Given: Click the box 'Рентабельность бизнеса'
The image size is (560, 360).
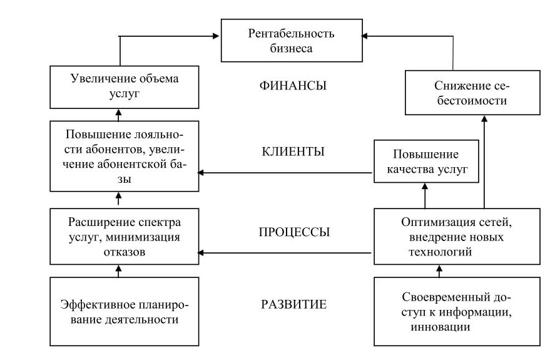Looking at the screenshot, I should tap(291, 41).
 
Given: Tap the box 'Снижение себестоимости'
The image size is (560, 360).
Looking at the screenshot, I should tap(472, 92).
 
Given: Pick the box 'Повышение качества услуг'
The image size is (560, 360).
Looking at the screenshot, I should tap(425, 162).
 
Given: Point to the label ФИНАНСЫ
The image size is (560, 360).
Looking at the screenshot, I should tap(293, 86).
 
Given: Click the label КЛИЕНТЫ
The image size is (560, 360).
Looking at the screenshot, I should tap(293, 152).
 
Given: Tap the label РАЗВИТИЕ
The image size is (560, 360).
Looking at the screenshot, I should tap(293, 306).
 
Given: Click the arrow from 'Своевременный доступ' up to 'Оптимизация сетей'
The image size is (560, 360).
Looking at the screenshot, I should tap(439, 270).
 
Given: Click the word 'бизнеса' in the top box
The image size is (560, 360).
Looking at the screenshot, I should tap(291, 48).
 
